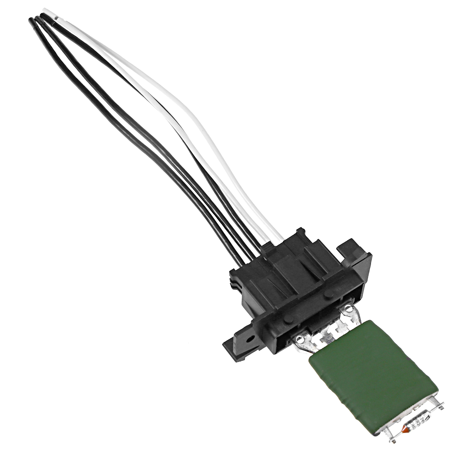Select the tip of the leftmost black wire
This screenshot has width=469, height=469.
coord(30,19)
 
